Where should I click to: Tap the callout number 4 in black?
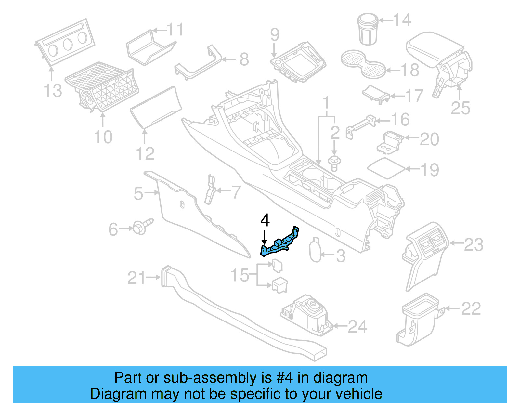265,220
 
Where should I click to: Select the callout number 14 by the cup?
402,20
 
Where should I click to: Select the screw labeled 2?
334,163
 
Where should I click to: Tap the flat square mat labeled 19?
386,168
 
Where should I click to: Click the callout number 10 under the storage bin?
103,137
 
